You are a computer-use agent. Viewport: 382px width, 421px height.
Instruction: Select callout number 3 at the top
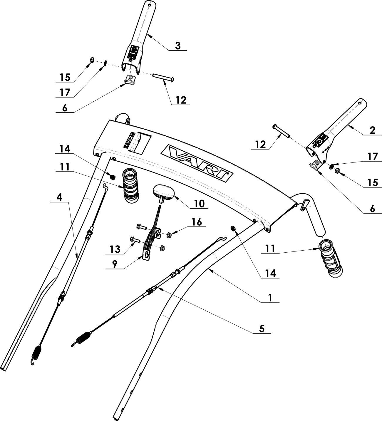click(178, 46)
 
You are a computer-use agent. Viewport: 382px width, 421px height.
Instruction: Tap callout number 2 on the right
click(372, 130)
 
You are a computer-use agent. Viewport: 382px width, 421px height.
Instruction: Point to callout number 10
click(199, 203)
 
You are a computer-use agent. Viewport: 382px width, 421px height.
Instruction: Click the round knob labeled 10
click(164, 192)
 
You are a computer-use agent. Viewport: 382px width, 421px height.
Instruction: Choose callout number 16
click(197, 222)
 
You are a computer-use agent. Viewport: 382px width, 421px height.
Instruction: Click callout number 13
click(115, 249)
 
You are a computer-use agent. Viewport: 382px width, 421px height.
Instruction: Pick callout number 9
click(114, 264)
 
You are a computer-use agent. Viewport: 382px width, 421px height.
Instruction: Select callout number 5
click(262, 329)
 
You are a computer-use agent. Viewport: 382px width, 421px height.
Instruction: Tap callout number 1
click(270, 298)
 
